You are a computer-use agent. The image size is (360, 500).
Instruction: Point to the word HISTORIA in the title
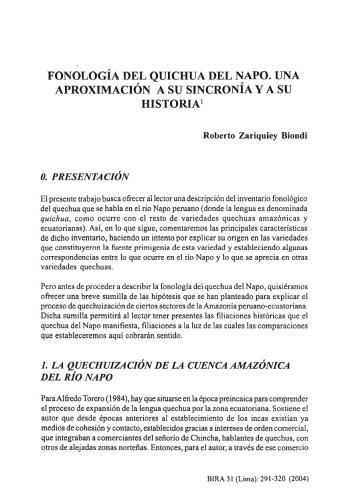[178, 104]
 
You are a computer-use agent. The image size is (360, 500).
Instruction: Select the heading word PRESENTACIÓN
[92, 173]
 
